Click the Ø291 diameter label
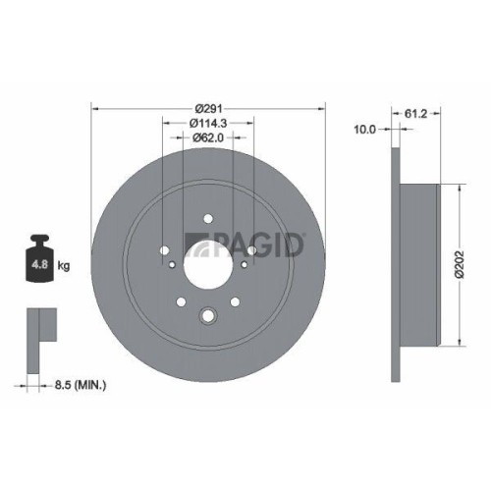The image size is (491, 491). click(x=209, y=107)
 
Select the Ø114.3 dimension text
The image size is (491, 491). click(x=209, y=123)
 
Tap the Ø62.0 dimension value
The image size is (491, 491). click(x=209, y=138)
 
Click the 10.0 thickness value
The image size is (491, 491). click(x=366, y=129)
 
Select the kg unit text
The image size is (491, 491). click(x=63, y=266)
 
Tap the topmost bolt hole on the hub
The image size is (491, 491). click(x=209, y=220)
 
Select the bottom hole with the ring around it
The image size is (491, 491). click(x=209, y=316)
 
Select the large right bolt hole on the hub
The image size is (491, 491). click(x=252, y=250)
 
